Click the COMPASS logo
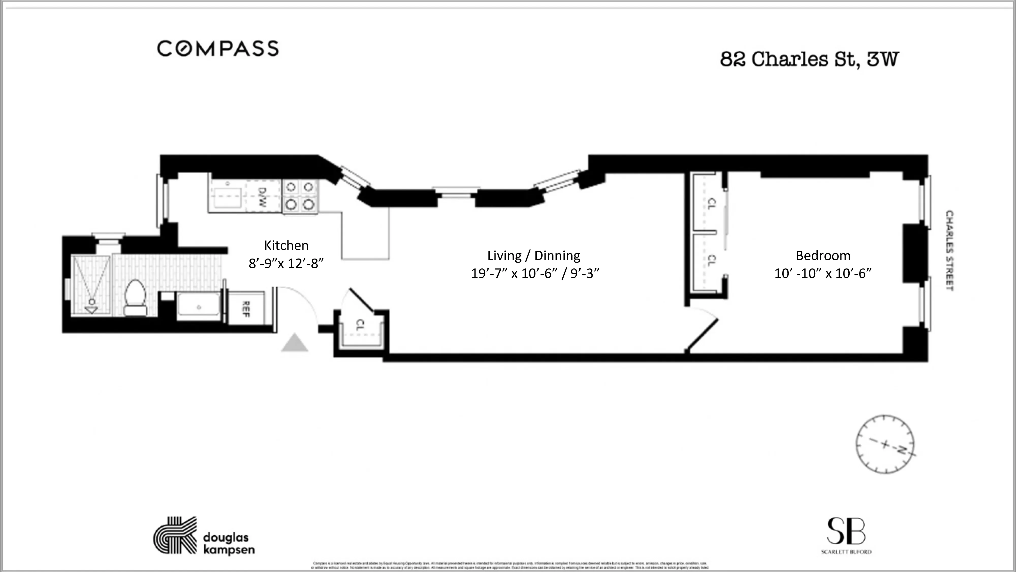218,49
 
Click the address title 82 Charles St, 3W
809,59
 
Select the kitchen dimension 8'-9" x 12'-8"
286,263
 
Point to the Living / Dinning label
534,256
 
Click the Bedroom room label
823,256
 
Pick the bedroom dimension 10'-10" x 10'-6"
823,274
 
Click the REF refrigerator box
246,309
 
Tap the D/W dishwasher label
262,197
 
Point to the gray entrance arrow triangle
294,343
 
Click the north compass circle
885,444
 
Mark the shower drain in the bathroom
91,302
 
